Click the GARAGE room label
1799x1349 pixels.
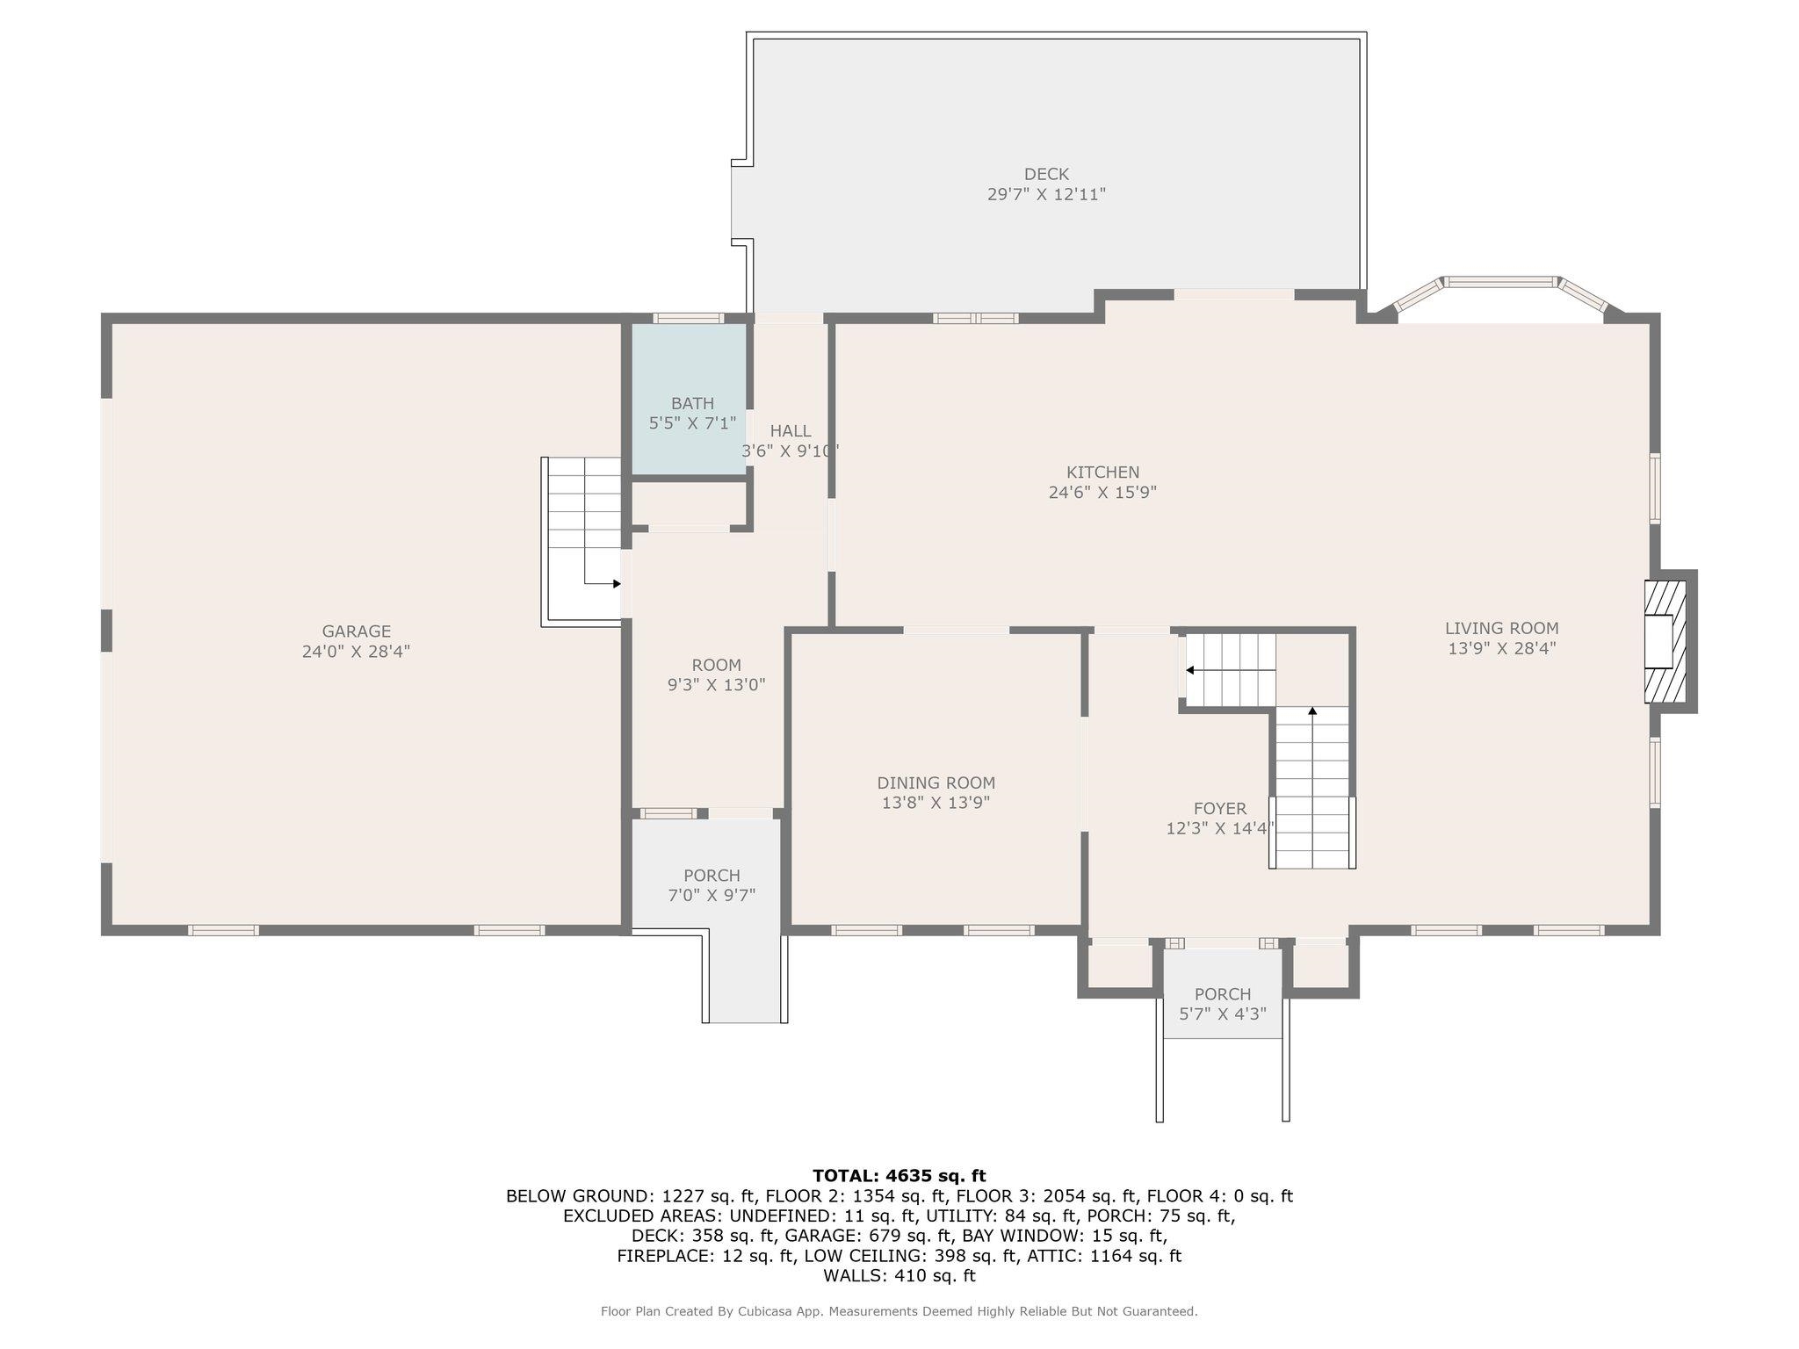click(x=356, y=631)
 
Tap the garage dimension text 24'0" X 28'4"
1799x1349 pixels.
click(x=356, y=652)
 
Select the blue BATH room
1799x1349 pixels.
click(x=690, y=400)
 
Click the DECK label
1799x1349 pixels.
click(x=1046, y=174)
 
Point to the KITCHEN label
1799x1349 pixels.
click(x=1102, y=473)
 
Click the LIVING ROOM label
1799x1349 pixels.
click(x=1501, y=628)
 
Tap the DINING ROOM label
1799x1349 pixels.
click(x=936, y=783)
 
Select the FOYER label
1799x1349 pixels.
click(x=1219, y=809)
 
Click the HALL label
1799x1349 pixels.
click(x=791, y=431)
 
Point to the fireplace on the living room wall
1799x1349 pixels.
click(x=1667, y=641)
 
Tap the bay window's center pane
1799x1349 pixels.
click(x=1500, y=282)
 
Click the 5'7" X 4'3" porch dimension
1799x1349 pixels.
click(x=1222, y=1014)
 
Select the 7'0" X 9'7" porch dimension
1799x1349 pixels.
click(x=712, y=895)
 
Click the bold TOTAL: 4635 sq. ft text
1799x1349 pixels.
click(x=899, y=1175)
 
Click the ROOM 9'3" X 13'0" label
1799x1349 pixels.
click(x=716, y=674)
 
